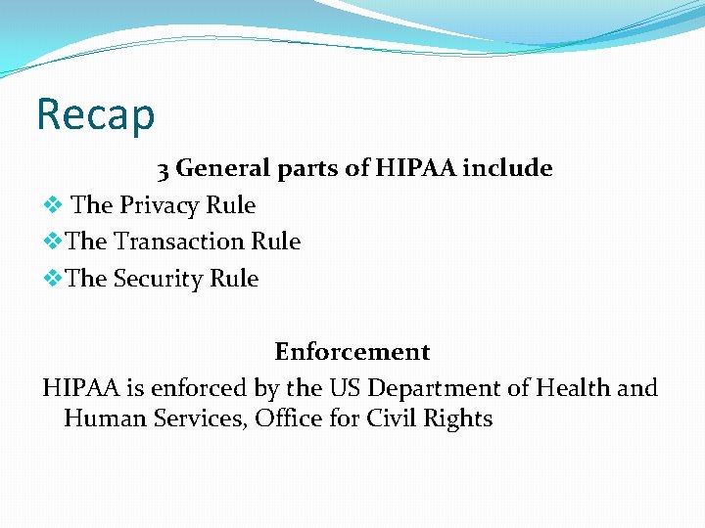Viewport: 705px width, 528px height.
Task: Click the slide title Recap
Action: [x=95, y=113]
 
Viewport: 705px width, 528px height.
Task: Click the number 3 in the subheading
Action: [x=164, y=169]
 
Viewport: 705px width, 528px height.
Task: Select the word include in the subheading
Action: [x=507, y=168]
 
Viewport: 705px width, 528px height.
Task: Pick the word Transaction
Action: [x=179, y=242]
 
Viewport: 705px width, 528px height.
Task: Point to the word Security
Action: [x=159, y=279]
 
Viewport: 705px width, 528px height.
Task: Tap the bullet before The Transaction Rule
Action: [x=53, y=242]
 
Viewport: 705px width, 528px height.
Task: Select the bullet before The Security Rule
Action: [x=53, y=279]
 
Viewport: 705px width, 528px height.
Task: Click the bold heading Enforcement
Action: [x=352, y=351]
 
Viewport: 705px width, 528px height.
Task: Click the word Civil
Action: [x=391, y=418]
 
